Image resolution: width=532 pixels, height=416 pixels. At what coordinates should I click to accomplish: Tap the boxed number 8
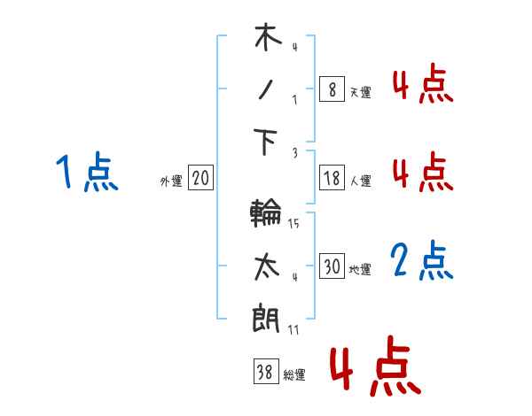331,89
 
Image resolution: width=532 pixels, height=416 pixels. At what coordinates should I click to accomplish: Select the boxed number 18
331,178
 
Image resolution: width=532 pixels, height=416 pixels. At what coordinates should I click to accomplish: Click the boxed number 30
331,266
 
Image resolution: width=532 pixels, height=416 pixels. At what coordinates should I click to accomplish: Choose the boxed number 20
200,178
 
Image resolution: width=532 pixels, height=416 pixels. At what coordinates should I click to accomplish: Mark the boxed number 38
264,372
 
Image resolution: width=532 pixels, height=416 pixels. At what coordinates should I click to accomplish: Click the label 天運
360,92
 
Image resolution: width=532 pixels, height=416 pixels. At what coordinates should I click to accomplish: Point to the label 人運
360,181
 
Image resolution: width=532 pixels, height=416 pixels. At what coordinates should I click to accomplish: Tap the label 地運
360,269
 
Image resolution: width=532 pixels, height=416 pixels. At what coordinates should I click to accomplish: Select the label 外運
171,181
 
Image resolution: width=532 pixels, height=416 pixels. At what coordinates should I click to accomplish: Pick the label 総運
294,374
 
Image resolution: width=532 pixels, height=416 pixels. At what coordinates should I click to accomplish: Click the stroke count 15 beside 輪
293,224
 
